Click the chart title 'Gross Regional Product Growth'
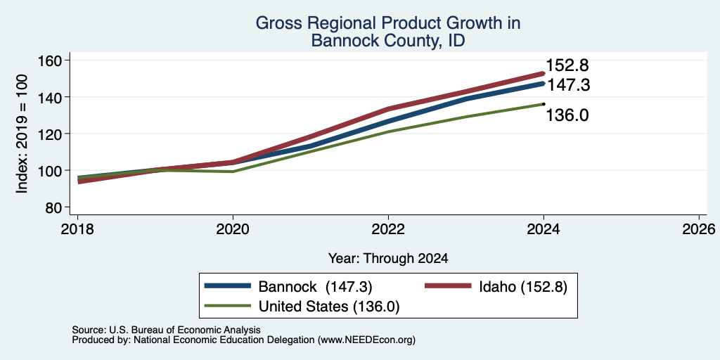388,23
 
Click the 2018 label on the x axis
77,229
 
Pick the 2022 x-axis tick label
388,229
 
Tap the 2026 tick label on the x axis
700,229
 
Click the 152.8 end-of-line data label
567,65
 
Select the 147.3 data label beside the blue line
568,85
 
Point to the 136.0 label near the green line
567,115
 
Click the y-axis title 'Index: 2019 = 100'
22,134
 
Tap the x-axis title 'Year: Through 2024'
388,259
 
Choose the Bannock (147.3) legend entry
288,286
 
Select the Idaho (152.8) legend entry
496,286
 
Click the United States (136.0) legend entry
302,307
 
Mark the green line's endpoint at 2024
544,104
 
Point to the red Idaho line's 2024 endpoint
544,73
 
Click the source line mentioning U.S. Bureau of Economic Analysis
166,330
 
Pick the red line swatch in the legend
448,286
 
